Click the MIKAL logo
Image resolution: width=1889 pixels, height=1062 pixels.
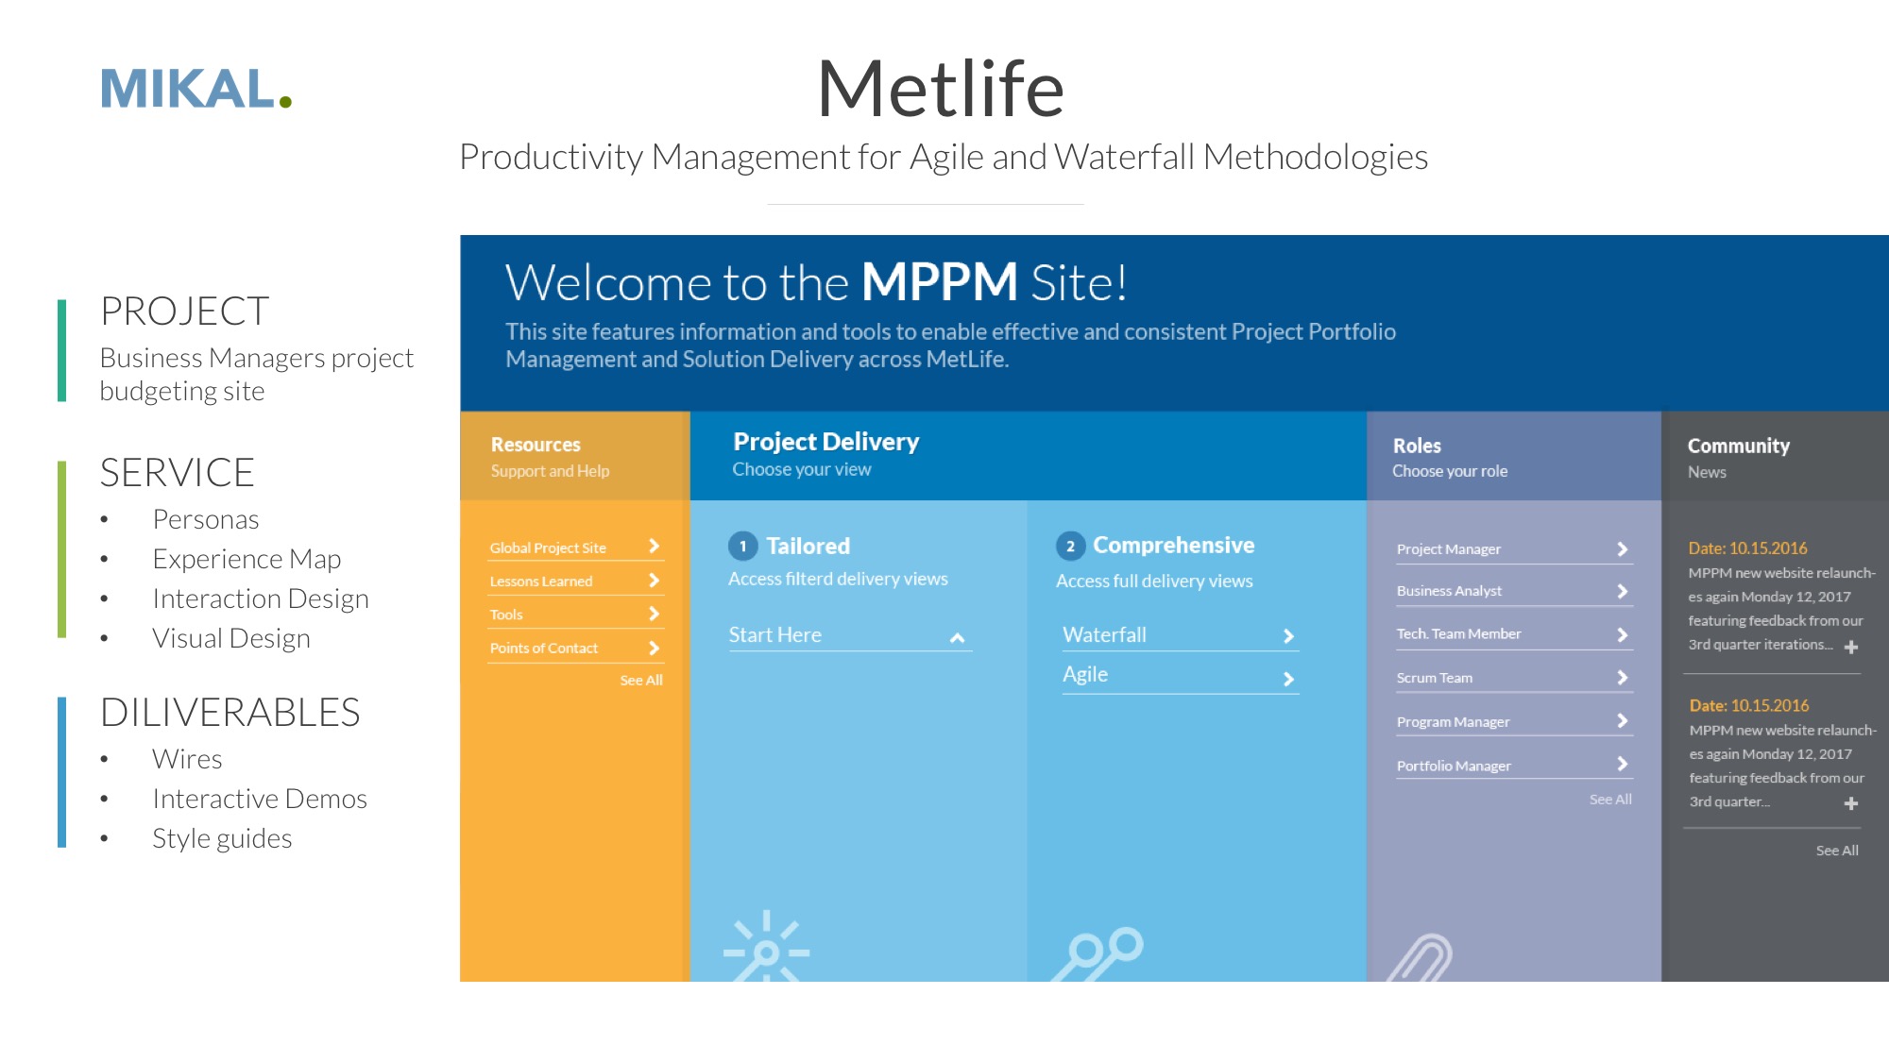click(196, 89)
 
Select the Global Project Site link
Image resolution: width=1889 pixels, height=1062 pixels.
click(548, 548)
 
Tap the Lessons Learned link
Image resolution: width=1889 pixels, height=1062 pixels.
click(541, 582)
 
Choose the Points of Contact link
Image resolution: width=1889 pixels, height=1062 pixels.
click(544, 648)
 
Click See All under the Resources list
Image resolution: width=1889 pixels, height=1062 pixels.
click(641, 680)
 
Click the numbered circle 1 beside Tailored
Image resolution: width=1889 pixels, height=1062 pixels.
click(743, 546)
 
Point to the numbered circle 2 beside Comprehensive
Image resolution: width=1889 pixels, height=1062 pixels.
click(1070, 546)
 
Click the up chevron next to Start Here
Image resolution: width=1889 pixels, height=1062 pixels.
click(957, 638)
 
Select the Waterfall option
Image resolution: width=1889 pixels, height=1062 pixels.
click(1105, 634)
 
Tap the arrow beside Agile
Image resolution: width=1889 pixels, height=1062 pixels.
click(1288, 679)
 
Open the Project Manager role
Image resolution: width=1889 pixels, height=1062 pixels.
click(1449, 549)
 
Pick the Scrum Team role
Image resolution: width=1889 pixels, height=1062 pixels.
click(1435, 678)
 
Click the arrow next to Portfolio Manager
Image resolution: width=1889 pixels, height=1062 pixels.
click(1622, 764)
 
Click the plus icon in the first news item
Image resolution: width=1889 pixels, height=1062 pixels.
click(1851, 647)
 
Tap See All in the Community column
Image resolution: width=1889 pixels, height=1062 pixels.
click(1837, 851)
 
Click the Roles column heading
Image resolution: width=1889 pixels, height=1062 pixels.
click(1417, 446)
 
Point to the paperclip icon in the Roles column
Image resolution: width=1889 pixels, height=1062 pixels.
click(1421, 958)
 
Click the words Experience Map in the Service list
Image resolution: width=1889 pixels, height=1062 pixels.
click(247, 559)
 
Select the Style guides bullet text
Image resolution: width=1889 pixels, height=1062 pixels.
click(222, 838)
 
